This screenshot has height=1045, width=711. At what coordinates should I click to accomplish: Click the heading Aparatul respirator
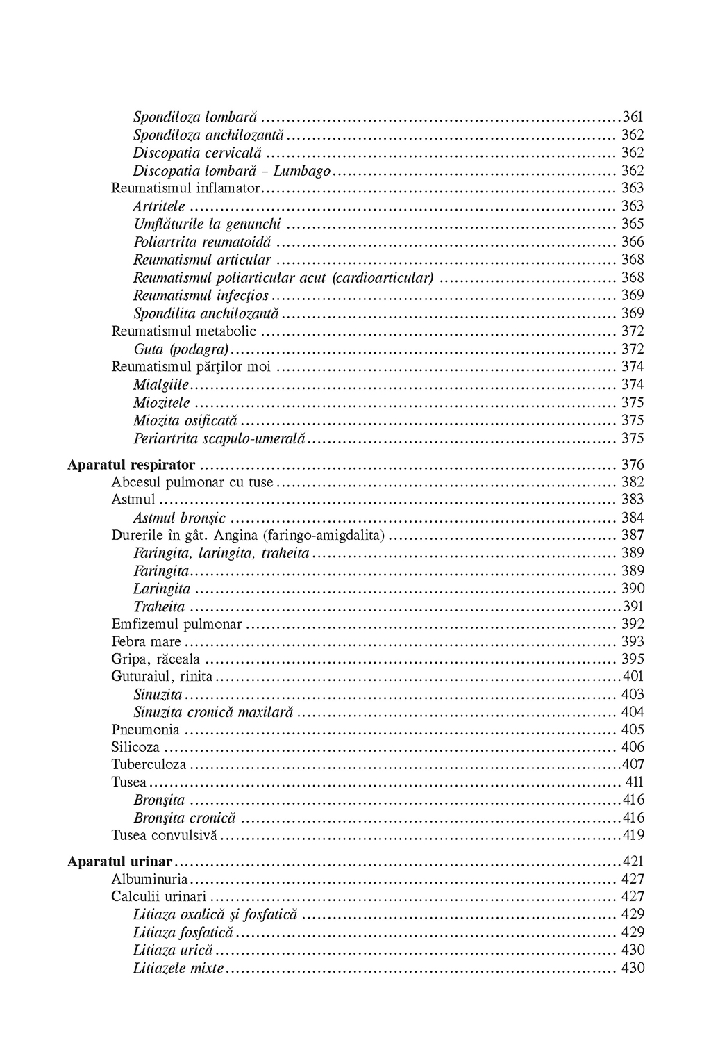131,464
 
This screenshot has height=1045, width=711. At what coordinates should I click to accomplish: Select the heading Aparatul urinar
119,862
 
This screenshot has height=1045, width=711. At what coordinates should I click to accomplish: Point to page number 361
633,117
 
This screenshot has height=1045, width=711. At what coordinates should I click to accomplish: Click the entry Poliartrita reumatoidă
203,242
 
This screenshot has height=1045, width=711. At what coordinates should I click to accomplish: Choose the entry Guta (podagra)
181,349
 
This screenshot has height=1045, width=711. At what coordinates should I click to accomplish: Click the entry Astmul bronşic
180,518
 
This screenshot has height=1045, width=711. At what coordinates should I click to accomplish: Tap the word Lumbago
301,170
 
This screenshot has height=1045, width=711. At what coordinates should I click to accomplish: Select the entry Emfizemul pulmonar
176,624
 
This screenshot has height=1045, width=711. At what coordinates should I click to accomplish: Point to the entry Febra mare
146,641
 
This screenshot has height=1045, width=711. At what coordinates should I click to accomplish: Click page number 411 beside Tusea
635,782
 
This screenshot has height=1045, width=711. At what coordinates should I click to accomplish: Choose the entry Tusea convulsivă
165,835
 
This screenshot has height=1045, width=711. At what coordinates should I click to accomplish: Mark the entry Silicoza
135,747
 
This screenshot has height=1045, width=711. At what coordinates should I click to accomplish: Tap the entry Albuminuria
149,879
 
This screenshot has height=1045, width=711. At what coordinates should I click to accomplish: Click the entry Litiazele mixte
178,968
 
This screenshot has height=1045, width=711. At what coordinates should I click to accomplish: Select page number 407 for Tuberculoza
633,764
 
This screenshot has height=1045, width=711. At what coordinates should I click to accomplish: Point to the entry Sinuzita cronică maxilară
214,712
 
